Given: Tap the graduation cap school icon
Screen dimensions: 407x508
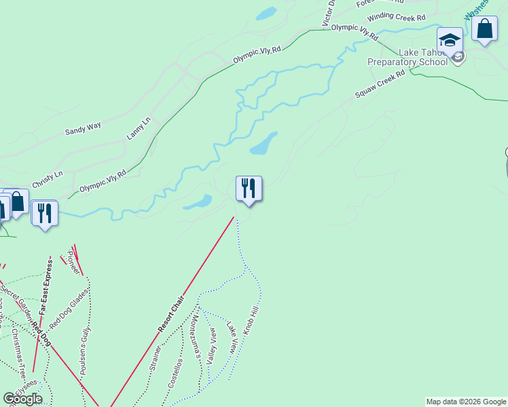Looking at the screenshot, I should pyautogui.click(x=450, y=40).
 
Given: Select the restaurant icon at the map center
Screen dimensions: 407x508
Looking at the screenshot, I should pyautogui.click(x=249, y=188).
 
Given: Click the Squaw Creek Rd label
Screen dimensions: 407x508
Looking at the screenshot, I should pyautogui.click(x=380, y=83).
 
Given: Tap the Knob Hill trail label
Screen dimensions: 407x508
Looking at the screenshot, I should pyautogui.click(x=251, y=319).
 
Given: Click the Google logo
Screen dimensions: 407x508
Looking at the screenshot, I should pyautogui.click(x=22, y=398).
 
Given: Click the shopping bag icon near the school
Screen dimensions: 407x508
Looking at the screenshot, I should pyautogui.click(x=484, y=30).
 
